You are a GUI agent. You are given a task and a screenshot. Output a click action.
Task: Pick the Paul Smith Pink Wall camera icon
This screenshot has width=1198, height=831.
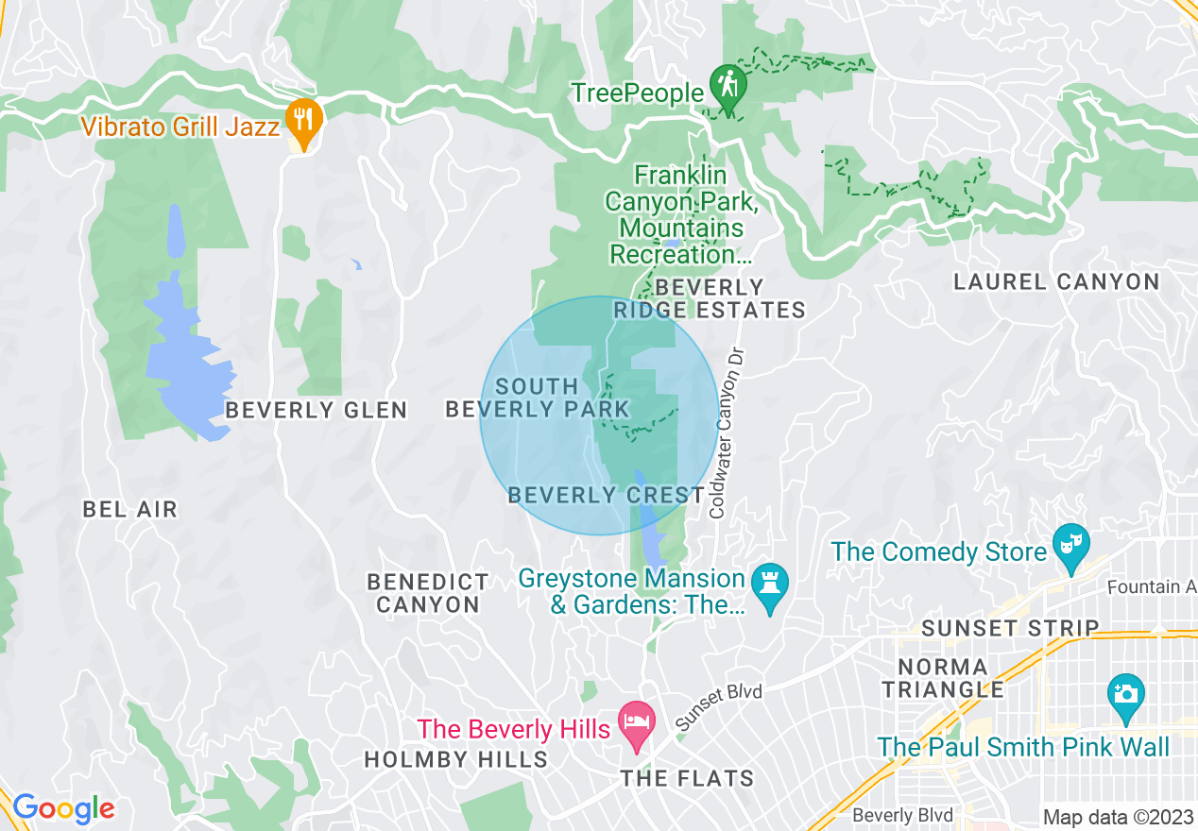point(1125,694)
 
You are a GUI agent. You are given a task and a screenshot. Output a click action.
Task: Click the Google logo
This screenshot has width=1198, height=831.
point(63,808)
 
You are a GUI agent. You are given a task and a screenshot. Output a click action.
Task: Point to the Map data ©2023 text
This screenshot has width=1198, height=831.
point(1118,817)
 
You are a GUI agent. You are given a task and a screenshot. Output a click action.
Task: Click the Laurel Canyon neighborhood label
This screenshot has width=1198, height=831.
point(1056,281)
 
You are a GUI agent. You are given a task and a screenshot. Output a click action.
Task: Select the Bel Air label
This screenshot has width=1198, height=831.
point(130,510)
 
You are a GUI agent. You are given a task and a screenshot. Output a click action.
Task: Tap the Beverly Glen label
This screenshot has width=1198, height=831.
point(316,410)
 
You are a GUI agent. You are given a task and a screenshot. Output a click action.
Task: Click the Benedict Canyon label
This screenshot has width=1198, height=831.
point(428,593)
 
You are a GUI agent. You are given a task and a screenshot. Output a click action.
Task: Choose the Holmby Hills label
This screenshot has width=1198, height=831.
point(455,759)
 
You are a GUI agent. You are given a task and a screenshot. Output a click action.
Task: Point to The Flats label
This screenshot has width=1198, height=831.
point(687,778)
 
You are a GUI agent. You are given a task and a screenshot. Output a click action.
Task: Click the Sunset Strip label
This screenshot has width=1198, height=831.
point(1010,628)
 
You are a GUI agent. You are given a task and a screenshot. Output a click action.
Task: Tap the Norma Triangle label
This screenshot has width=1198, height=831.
point(943,678)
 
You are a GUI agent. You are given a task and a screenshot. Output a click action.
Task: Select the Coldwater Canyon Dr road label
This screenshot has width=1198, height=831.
point(723,431)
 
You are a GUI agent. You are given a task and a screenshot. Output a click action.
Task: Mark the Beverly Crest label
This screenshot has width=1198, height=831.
point(607,495)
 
